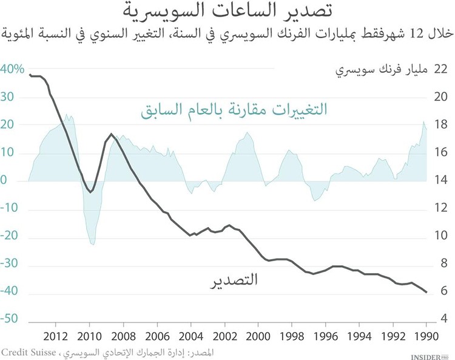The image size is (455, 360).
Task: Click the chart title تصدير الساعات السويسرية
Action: (227, 12)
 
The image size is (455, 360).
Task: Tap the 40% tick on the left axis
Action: (13, 69)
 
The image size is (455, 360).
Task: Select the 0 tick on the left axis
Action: (4, 181)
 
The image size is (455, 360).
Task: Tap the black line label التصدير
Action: (234, 280)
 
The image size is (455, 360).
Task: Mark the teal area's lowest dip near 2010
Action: (93, 244)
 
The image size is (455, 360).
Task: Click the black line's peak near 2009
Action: (111, 134)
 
